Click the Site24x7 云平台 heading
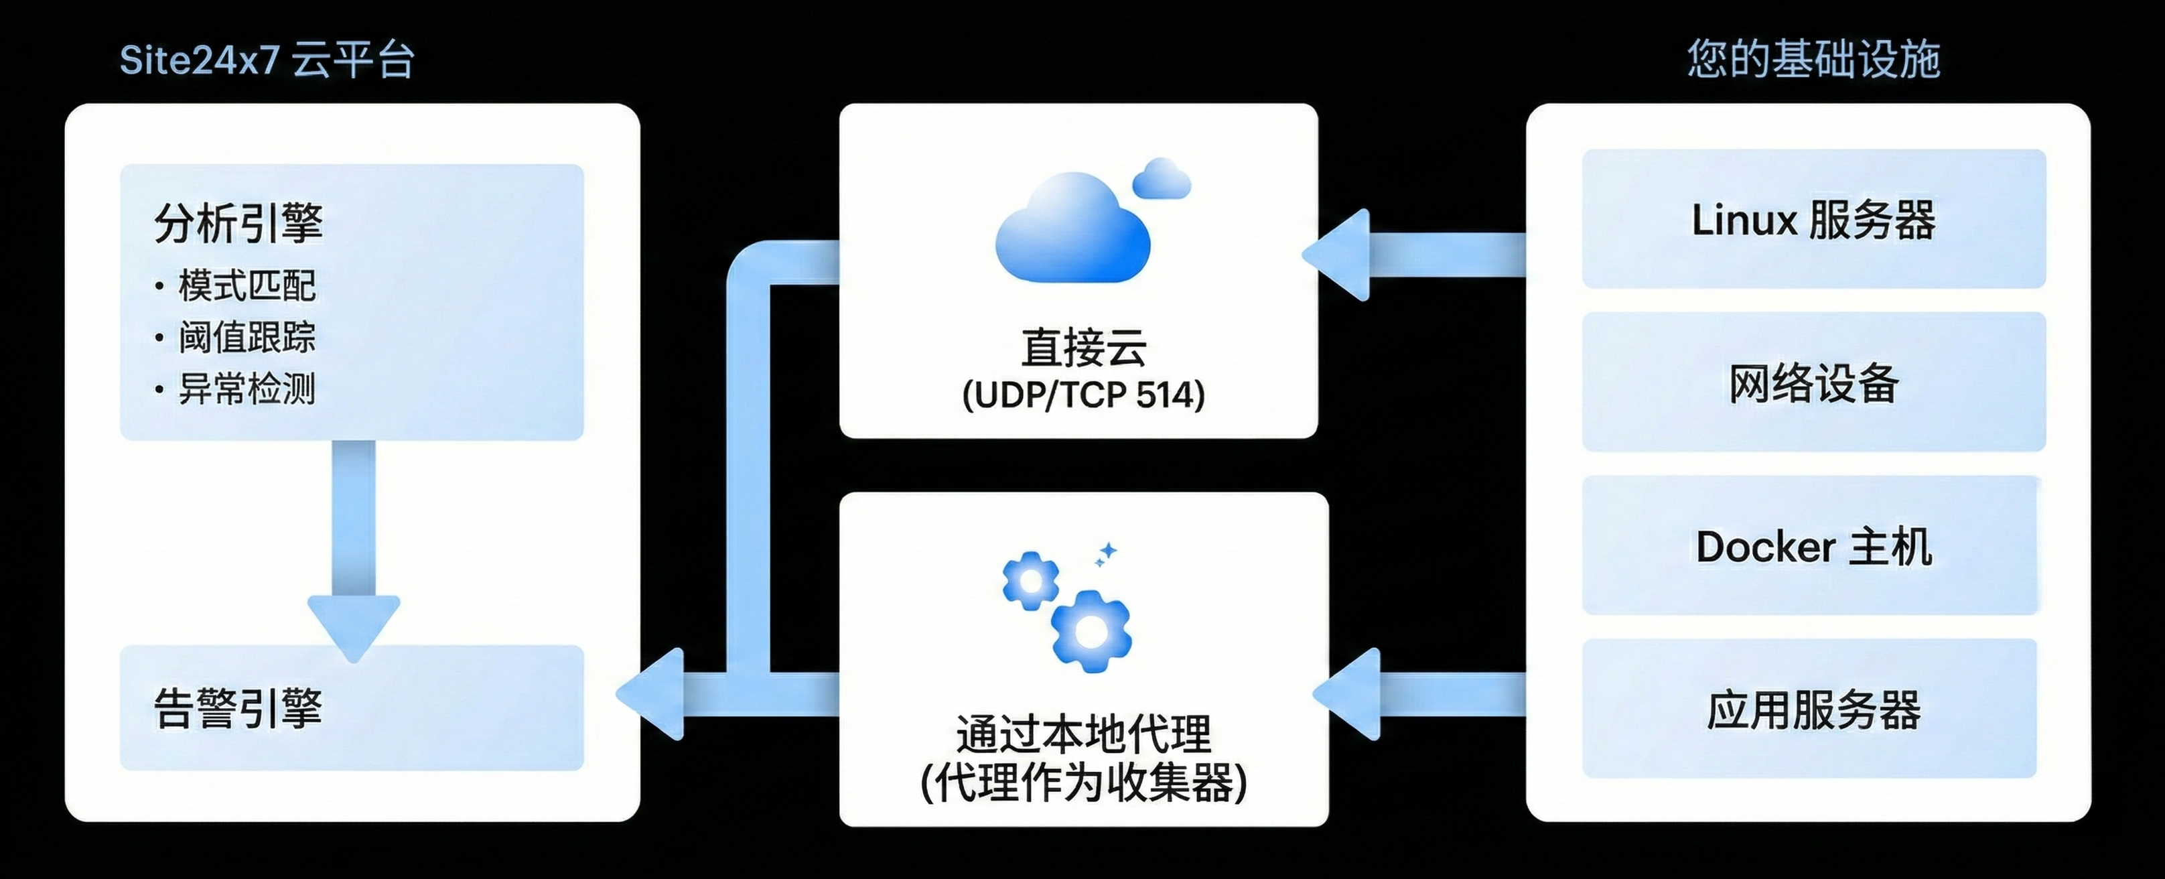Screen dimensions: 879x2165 (267, 60)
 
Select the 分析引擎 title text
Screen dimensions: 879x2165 (238, 222)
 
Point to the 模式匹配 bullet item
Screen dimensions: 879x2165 (247, 285)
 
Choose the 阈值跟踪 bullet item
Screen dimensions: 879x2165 (247, 338)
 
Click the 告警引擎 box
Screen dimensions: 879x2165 (351, 707)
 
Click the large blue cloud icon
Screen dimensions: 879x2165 (1072, 228)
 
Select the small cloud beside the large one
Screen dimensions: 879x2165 (1162, 179)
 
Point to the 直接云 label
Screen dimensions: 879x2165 (1083, 347)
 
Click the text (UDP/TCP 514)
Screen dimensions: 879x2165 (1083, 395)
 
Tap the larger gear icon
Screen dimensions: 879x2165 (1091, 631)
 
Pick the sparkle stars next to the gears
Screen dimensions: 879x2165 (1106, 555)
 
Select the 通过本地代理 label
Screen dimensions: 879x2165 (1083, 734)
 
